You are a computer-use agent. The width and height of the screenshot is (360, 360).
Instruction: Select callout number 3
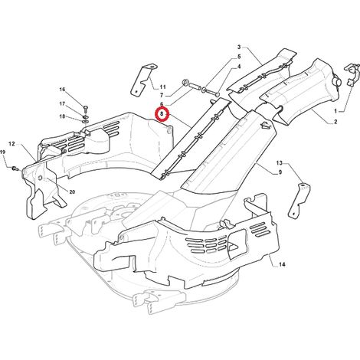tap(239, 47)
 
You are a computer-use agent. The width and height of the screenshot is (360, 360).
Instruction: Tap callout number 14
tap(282, 264)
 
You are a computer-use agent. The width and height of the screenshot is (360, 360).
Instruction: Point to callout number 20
tap(72, 191)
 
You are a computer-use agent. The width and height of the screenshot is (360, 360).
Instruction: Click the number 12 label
tap(11, 144)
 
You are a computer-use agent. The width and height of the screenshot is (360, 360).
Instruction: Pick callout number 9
tap(280, 172)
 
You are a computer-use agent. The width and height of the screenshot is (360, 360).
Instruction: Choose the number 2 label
tap(335, 122)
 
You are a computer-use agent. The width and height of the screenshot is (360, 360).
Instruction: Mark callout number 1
tap(335, 111)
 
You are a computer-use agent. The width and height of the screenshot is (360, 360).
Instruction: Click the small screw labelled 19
tap(15, 168)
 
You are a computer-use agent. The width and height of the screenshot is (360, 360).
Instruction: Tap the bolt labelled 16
tap(85, 110)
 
